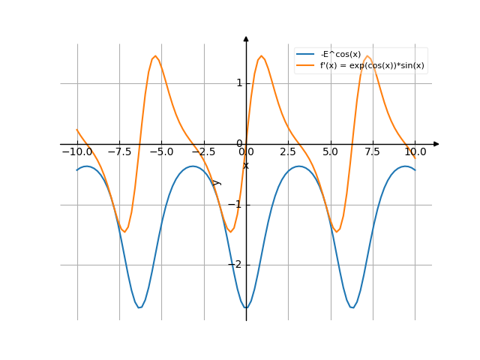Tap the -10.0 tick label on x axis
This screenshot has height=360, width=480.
coord(76,151)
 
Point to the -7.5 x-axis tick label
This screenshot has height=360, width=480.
coord(119,151)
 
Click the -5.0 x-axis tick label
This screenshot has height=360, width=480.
coord(161,151)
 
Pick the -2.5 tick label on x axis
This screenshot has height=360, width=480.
coord(204,151)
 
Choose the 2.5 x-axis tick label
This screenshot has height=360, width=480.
coord(288,151)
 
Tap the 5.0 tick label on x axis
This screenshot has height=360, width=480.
coord(331,151)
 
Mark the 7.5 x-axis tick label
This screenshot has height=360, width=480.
coord(373,151)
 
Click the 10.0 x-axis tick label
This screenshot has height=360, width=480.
coord(415,151)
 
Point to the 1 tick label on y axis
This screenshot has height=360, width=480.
coord(239,82)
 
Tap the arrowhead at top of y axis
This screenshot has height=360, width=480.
coord(246,38)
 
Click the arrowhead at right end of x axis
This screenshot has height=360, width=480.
coord(436,143)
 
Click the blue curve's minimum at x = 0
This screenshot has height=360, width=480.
coord(246,308)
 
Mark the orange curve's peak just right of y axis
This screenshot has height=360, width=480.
coord(261,55)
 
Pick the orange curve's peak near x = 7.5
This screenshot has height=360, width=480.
coord(367,55)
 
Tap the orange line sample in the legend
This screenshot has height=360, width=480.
coord(305,65)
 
